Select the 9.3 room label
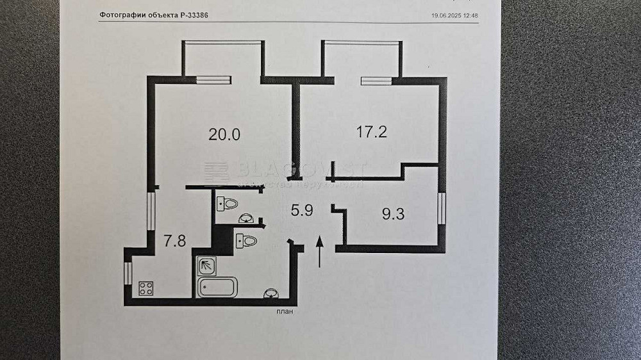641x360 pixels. [393, 215]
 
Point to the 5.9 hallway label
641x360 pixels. [301, 210]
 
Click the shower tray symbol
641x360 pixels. [205, 265]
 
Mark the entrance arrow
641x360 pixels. [320, 252]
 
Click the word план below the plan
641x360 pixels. [285, 313]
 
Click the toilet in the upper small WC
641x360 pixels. [228, 204]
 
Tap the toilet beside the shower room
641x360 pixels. [246, 241]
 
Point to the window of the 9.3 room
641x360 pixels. [442, 209]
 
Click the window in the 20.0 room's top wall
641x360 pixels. [213, 80]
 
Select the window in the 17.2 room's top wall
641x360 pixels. [376, 81]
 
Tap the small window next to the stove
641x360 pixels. [128, 272]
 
